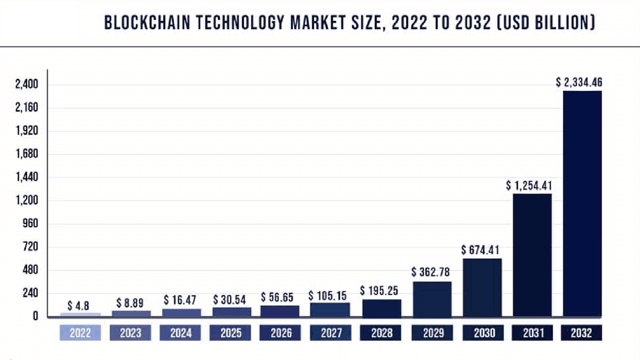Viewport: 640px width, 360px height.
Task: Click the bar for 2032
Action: click(582, 204)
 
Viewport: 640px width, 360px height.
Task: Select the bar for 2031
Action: click(532, 255)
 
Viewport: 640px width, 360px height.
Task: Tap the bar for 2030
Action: click(482, 287)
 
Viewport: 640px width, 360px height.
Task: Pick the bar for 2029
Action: click(432, 299)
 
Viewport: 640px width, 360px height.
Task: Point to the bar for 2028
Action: click(382, 308)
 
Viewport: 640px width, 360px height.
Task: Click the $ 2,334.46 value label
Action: click(579, 82)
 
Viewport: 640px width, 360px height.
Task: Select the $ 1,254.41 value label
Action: click(529, 185)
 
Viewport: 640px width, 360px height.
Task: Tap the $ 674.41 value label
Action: click(480, 250)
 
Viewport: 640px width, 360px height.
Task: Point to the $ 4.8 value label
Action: click(78, 306)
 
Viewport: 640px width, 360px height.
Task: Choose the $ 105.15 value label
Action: click(327, 296)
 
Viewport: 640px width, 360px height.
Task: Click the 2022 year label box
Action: click(80, 333)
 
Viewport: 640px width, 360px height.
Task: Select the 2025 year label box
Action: click(230, 333)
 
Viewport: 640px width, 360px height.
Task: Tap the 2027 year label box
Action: click(331, 333)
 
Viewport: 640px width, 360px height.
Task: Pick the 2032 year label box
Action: click(581, 333)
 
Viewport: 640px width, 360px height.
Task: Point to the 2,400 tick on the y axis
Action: click(27, 84)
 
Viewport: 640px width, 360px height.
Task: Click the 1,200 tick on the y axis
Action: click(27, 200)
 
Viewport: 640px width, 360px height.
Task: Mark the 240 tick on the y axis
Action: click(30, 293)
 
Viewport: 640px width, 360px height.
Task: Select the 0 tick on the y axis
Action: click(35, 316)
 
